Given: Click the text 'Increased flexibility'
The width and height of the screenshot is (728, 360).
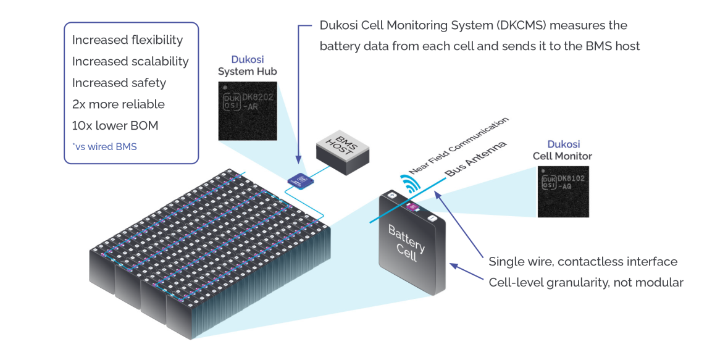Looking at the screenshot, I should [x=127, y=40].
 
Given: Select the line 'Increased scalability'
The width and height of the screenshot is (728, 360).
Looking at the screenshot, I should [x=130, y=62].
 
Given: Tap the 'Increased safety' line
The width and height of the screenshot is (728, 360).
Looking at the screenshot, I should [x=119, y=83].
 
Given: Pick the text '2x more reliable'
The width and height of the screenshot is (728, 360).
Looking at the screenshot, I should [x=119, y=104].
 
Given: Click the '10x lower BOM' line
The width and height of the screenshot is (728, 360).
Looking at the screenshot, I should [x=115, y=126].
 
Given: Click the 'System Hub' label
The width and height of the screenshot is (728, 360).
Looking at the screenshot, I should [x=247, y=72].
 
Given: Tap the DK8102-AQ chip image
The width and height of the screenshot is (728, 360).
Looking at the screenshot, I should [x=563, y=191].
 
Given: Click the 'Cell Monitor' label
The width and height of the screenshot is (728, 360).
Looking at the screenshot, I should [x=562, y=156].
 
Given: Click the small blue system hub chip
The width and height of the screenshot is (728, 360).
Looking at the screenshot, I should [x=301, y=180].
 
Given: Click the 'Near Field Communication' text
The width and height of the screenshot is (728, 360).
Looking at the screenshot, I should [x=458, y=146].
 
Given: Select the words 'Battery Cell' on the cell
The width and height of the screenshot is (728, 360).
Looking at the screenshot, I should [x=406, y=243].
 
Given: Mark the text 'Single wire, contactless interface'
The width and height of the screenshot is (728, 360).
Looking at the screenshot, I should [x=582, y=262].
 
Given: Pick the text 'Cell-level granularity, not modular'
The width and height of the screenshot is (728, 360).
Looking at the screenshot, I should [x=585, y=283].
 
